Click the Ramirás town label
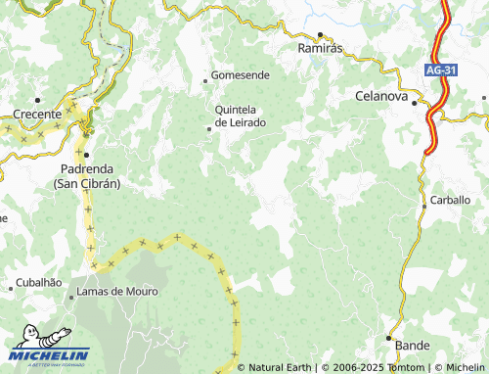[319, 48]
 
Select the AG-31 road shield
[441, 70]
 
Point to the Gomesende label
[243, 74]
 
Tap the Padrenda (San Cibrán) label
[85, 175]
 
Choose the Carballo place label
[450, 200]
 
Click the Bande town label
[413, 346]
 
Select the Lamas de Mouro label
[115, 292]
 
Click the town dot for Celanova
[414, 103]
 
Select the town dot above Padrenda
[86, 155]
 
